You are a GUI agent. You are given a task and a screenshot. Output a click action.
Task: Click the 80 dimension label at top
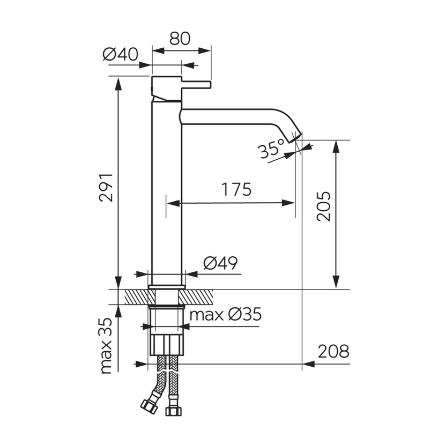[x=181, y=39]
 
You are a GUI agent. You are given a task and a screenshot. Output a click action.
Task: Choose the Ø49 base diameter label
[x=220, y=263]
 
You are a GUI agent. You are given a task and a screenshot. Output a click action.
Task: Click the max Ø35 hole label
[x=225, y=314]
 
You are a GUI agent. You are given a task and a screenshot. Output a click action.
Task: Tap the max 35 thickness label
[x=107, y=345]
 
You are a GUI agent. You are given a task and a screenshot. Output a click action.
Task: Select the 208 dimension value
[x=333, y=352]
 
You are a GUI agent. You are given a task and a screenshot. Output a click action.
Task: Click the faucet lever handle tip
[x=209, y=85]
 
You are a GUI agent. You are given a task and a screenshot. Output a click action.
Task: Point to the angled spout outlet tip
[x=297, y=138]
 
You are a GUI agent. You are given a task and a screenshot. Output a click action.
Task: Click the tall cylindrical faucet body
[x=166, y=204]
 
